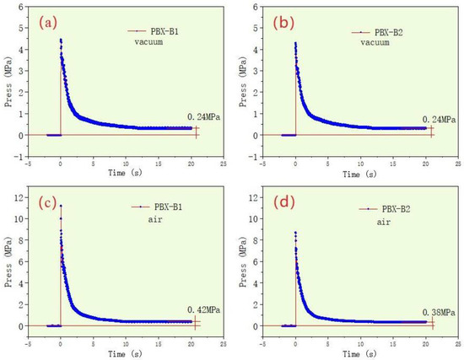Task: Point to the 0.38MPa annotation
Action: click(438, 310)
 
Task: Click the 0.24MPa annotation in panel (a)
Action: click(203, 118)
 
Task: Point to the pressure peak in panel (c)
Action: click(60, 206)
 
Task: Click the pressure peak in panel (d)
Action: click(294, 233)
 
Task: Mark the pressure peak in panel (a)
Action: click(60, 40)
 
